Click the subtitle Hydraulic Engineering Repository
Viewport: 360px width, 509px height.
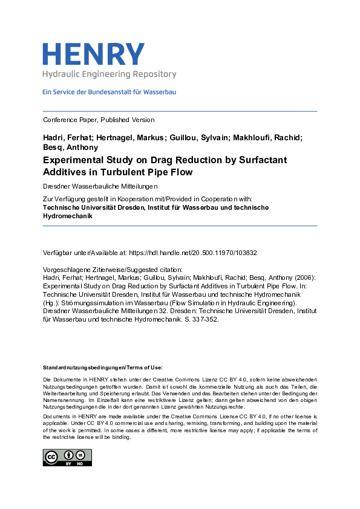pos(109,74)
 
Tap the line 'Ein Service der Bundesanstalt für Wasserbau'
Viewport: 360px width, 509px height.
pos(109,92)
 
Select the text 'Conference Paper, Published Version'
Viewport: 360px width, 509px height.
pos(99,120)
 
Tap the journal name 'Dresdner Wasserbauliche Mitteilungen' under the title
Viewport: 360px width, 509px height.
pos(101,185)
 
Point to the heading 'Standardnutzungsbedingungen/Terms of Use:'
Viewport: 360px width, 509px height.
pos(102,368)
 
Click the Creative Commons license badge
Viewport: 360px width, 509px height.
pos(67,457)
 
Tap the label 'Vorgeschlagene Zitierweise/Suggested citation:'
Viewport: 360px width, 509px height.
pos(113,268)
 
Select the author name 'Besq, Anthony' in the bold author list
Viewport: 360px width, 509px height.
pos(70,147)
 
